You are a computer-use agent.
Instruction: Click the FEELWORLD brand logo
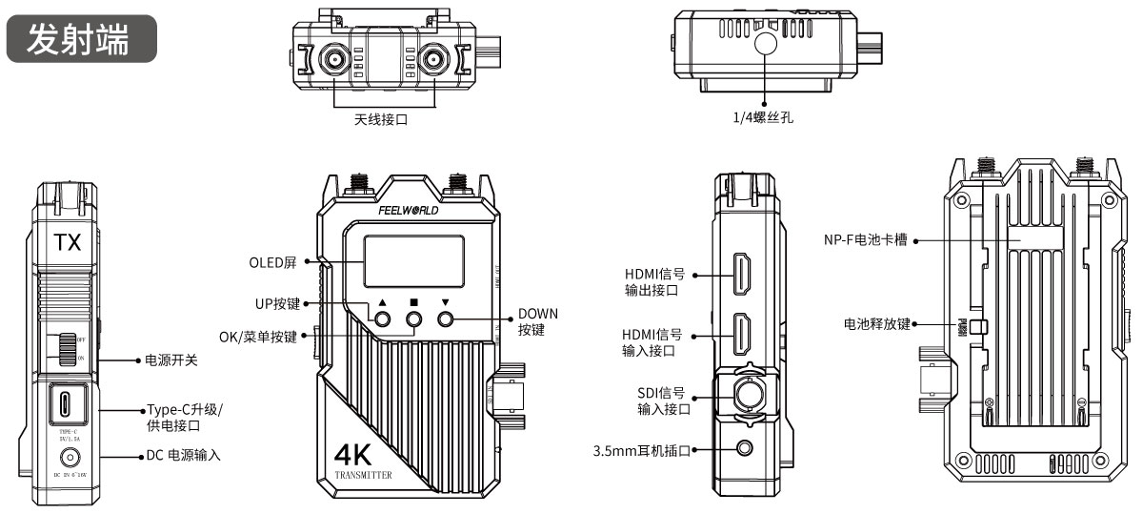tap(409, 211)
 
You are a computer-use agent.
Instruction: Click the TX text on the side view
tap(67, 242)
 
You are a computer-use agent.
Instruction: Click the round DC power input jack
tap(67, 456)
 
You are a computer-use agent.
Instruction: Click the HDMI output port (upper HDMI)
tap(742, 275)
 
